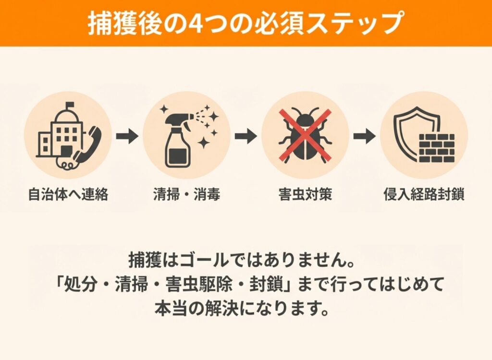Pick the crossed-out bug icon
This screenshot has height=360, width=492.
tap(305, 134)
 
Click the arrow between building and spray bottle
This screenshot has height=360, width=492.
tap(127, 136)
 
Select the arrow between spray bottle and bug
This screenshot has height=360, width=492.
tap(246, 136)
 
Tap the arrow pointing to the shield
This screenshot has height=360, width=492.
tap(364, 136)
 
